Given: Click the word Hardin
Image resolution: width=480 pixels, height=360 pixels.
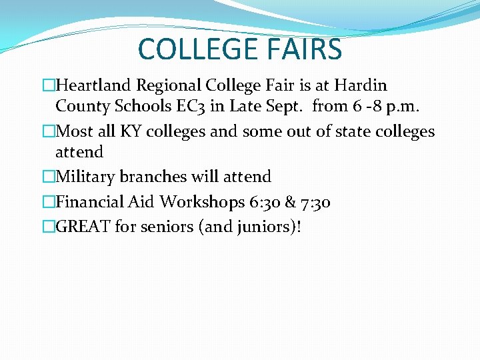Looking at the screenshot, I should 361,86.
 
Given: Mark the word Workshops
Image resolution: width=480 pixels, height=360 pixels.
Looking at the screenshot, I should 202,202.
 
